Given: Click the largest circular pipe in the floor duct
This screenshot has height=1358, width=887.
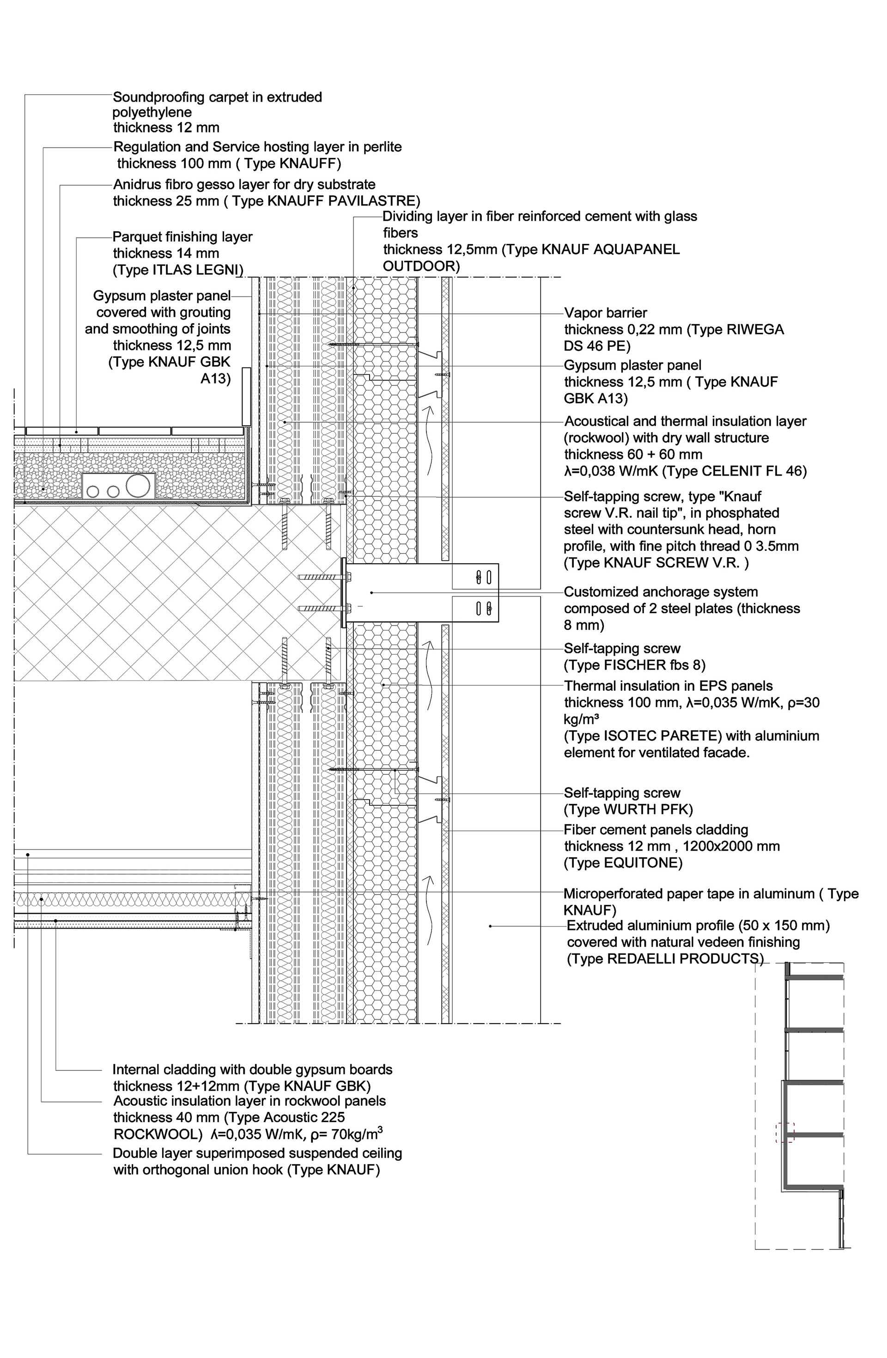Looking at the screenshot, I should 138,486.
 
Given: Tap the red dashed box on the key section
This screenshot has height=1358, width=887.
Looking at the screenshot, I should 785,1133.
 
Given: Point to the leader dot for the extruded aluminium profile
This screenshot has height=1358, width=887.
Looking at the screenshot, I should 490,926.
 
